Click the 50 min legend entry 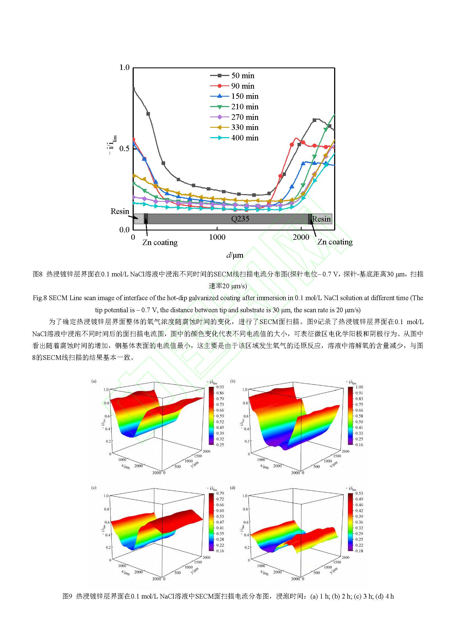(243, 75)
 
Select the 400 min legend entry (245, 138)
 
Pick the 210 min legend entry (245, 107)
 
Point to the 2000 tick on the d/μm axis (301, 237)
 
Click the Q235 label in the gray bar (240, 219)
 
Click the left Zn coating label (160, 242)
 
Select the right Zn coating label (335, 242)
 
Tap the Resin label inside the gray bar (321, 219)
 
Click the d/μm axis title (235, 255)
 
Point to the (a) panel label (94, 381)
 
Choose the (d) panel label (232, 488)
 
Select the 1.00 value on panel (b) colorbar (359, 387)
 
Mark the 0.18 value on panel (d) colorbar (359, 551)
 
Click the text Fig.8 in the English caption (40, 298)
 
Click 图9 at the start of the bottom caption (68, 596)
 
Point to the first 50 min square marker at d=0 (133, 89)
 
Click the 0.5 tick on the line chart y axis (124, 148)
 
